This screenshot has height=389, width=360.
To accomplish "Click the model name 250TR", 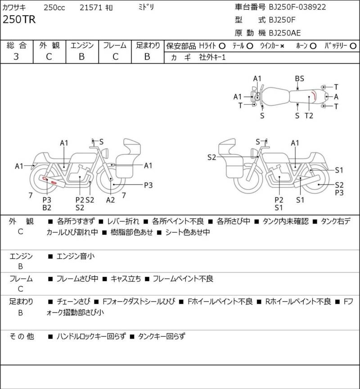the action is pos(19,19).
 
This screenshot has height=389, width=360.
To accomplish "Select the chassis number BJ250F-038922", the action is pos(297,7).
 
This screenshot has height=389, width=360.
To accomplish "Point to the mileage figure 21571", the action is pos(91,8).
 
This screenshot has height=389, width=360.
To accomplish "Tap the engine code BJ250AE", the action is pos(285,33).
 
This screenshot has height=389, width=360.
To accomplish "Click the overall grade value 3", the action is pos(16,57).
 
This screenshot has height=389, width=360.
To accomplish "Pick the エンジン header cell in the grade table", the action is pos(82,46).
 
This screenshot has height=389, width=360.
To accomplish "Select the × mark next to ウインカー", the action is pos(282,46).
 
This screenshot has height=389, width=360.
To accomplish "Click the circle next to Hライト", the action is pos(222,46).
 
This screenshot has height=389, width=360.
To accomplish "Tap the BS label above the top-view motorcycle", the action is pos(299,79).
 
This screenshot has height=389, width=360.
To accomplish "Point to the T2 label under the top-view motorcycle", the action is pos(309,116).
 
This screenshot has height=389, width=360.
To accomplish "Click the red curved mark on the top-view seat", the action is pos(314,95).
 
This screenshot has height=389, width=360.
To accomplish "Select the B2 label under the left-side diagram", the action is pos(47,208).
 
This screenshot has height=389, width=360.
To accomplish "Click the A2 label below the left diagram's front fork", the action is pos(111,200).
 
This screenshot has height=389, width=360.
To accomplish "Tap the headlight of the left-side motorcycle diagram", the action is pos(105,153).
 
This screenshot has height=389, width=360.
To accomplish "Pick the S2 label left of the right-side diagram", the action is pos(212,157).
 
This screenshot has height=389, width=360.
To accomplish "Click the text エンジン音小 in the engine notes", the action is pos(76,256).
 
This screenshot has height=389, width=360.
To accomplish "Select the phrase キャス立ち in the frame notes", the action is pos(126,279).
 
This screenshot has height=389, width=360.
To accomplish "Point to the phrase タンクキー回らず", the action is pos(162,336).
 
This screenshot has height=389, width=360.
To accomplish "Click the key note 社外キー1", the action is pos(212,58).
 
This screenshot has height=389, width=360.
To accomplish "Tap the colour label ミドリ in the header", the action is pos(146,7).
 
